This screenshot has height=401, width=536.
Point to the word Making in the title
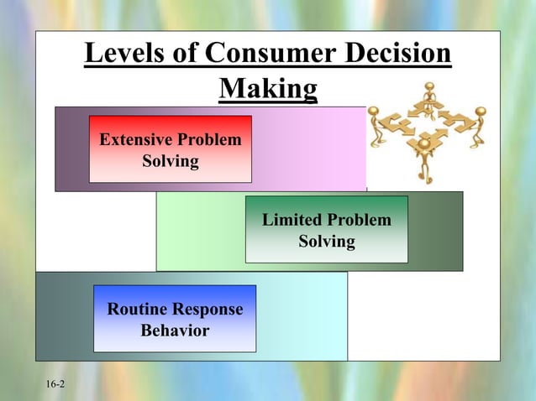click(268, 88)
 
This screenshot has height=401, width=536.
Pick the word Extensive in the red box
click(138, 139)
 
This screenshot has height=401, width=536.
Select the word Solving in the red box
click(171, 160)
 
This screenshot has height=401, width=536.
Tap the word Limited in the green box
click(291, 221)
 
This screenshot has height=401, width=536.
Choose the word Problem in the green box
click(360, 221)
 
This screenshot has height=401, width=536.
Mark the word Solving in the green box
click(327, 242)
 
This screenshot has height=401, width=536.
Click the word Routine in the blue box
click(136, 310)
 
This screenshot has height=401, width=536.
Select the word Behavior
click(175, 331)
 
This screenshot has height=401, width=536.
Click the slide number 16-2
click(55, 384)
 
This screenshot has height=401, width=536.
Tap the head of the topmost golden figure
click(430, 86)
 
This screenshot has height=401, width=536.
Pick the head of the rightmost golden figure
click(481, 111)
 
